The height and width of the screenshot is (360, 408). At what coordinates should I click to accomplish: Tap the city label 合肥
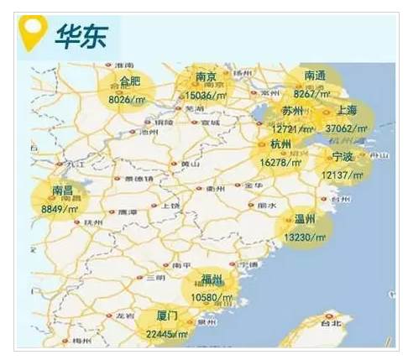tap(130, 81)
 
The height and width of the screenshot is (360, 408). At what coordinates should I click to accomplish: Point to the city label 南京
tap(207, 78)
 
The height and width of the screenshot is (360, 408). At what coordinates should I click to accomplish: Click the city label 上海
tap(346, 111)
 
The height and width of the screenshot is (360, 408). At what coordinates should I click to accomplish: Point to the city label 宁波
tap(343, 157)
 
